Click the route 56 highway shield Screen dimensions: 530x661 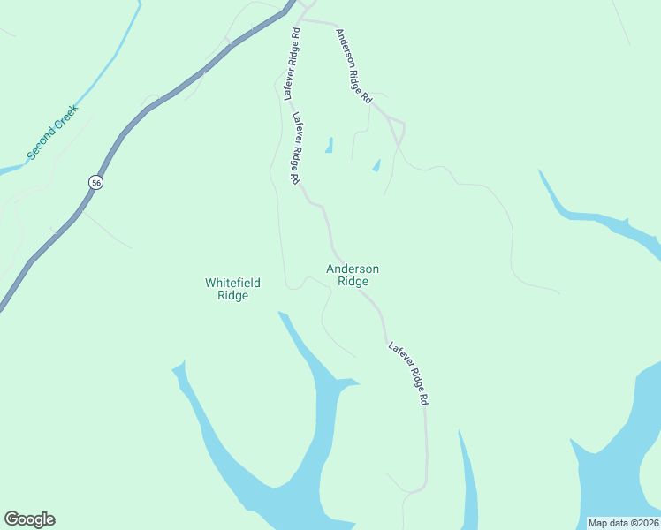coord(96,182)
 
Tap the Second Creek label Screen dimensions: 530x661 coord(52,132)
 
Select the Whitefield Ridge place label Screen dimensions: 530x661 coord(233,289)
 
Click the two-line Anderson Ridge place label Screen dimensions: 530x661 coord(353,275)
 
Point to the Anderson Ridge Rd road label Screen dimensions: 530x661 coord(353,67)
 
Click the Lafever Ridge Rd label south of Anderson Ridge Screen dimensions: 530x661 coord(408,373)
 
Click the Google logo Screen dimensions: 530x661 coord(29,519)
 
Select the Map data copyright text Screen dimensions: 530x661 coord(623,523)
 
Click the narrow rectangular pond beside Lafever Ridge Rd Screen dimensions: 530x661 coord(330,145)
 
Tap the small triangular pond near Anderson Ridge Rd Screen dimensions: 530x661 coord(376,165)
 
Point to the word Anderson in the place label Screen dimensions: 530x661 coord(353,269)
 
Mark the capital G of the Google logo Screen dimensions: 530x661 coord(11,519)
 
